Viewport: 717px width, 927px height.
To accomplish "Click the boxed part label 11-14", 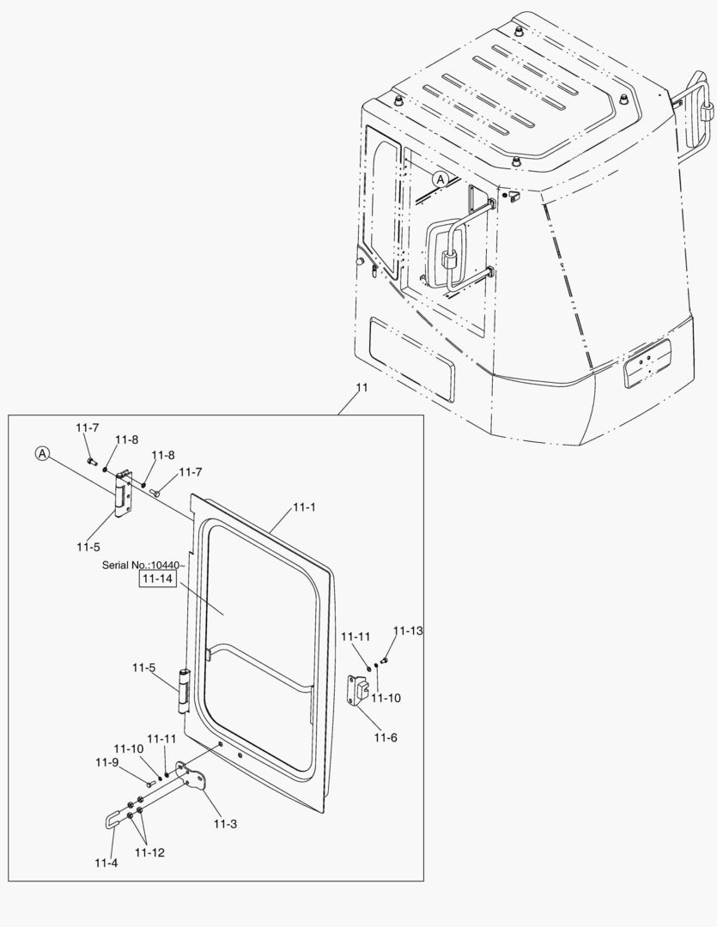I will point(157,579).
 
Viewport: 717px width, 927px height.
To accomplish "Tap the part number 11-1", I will point(305,507).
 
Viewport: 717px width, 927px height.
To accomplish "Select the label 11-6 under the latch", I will point(386,737).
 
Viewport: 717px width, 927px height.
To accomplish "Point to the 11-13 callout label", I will point(408,631).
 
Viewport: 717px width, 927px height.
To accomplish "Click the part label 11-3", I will point(226,824).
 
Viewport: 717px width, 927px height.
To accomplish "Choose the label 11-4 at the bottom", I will point(106,862).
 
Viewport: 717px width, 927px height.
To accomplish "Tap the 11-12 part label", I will point(149,852).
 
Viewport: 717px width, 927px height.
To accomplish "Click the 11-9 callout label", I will point(106,761).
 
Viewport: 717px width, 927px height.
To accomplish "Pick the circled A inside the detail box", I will point(42,452).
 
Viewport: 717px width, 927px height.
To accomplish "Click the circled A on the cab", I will point(441,179).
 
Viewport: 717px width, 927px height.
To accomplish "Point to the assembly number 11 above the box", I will point(362,388).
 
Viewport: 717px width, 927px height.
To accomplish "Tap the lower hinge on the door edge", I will point(183,693).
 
